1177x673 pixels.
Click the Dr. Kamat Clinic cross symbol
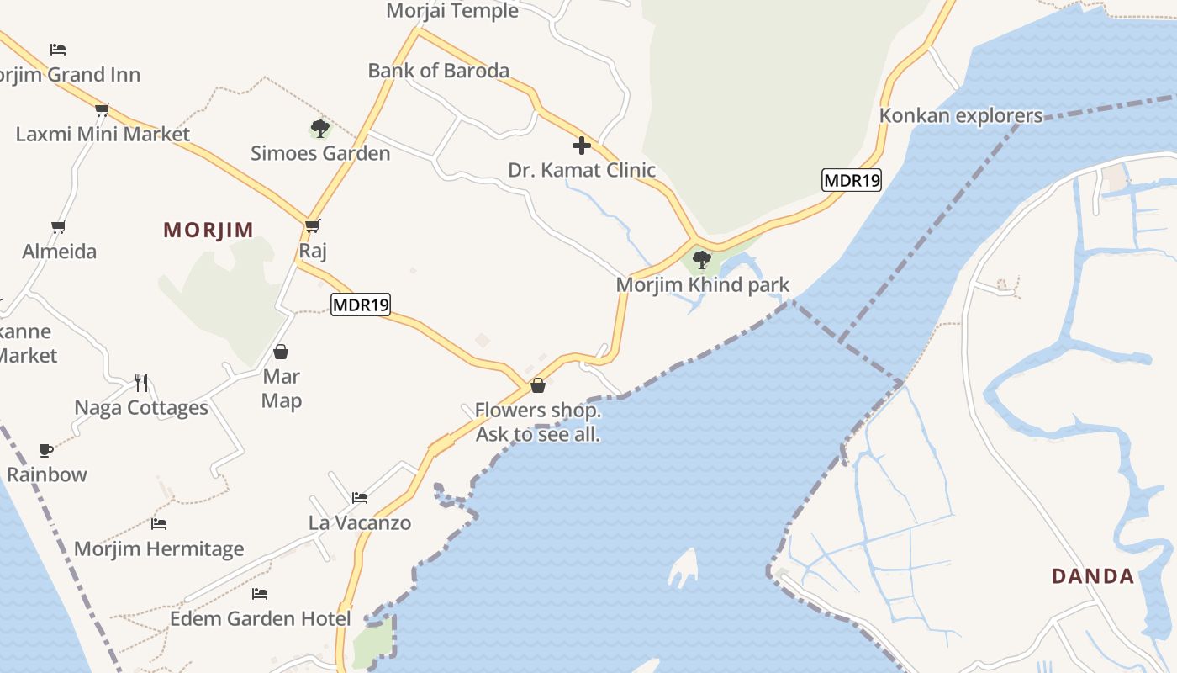[581, 146]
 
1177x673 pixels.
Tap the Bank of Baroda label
[438, 71]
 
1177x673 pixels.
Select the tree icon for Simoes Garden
[319, 129]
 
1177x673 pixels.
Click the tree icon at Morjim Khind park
[702, 259]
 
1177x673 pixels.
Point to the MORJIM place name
[208, 231]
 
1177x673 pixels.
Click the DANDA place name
[1093, 576]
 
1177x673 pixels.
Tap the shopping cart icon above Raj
[313, 225]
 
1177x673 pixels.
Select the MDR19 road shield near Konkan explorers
[851, 180]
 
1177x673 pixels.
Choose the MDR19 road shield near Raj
[361, 305]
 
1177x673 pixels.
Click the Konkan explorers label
[960, 116]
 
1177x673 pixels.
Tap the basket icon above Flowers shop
[538, 385]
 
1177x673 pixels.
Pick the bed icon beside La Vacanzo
[360, 498]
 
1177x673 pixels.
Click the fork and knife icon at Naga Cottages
[141, 383]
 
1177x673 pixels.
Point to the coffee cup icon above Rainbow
[46, 450]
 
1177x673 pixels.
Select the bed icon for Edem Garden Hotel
[260, 594]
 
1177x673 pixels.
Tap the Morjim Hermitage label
[159, 549]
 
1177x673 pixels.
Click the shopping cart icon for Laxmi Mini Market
[103, 109]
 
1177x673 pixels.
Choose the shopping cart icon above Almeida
[59, 226]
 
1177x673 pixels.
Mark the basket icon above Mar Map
[281, 351]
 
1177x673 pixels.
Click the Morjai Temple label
[452, 11]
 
